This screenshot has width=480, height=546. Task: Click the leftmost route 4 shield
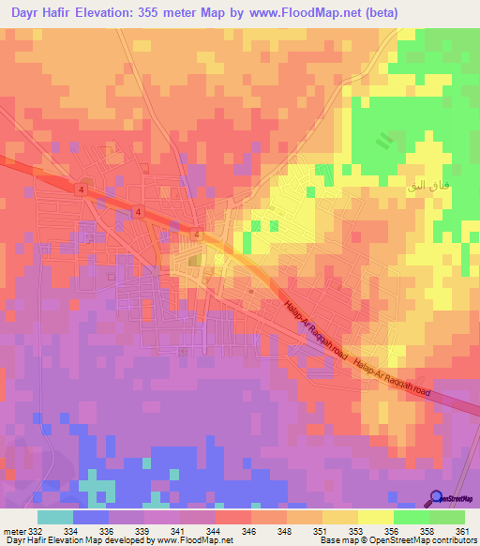tap(82, 190)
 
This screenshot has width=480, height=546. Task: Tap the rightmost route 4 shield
tap(198, 234)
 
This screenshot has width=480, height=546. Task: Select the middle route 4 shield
tap(139, 213)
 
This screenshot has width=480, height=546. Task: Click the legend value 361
tap(460, 532)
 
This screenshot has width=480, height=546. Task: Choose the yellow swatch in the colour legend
tap(375, 517)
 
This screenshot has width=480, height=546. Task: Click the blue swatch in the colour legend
tap(91, 517)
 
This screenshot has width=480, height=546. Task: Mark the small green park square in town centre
tap(193, 260)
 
